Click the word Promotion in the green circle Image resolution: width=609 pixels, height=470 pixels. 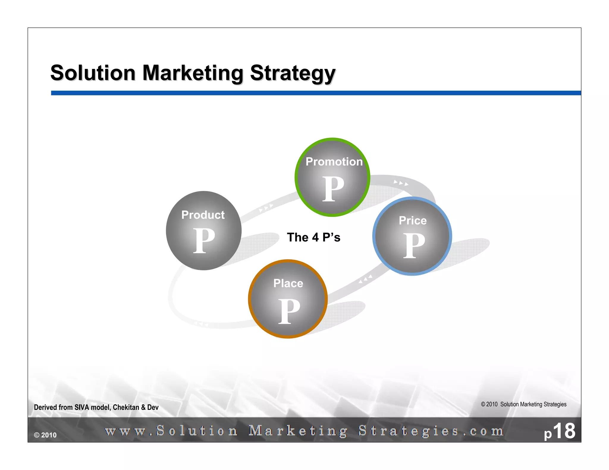(x=334, y=162)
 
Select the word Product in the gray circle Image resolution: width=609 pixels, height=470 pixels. (x=203, y=215)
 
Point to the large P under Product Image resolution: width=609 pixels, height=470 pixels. (x=204, y=241)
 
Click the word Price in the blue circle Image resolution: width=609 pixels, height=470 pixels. (x=413, y=220)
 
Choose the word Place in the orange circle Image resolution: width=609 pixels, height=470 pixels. (x=288, y=283)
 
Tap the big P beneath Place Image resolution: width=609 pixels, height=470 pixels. (x=289, y=311)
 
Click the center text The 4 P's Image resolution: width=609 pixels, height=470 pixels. (x=313, y=237)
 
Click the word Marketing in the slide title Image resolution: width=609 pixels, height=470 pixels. (x=193, y=73)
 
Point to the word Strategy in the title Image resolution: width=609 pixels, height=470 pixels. (x=293, y=73)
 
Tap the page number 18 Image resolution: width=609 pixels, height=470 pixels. (x=564, y=431)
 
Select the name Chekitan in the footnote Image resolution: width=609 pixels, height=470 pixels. (x=126, y=407)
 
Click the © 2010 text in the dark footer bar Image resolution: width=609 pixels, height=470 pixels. (x=45, y=435)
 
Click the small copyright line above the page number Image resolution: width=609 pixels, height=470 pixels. (x=524, y=404)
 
